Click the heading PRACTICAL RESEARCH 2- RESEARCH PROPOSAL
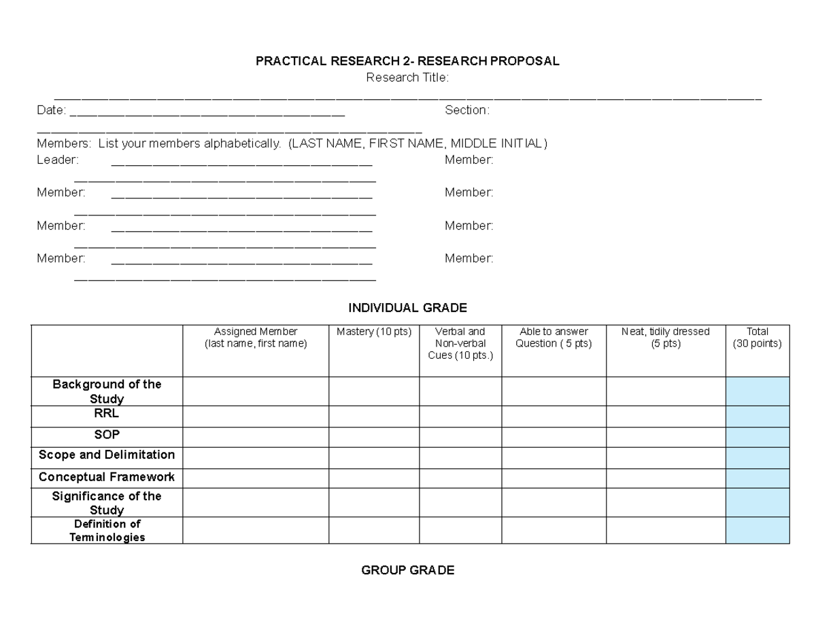407,61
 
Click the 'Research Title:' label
407,77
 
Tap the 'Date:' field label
51,110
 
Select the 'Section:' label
466,110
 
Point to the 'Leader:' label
57,160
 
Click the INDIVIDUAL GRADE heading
407,308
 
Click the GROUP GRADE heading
407,570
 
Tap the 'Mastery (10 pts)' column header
374,332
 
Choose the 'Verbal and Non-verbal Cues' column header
460,343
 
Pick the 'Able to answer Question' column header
554,338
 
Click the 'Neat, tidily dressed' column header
665,338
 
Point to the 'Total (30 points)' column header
757,338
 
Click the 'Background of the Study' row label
107,391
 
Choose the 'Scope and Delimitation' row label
107,455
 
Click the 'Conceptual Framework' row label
107,477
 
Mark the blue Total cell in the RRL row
757,416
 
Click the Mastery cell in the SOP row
374,437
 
